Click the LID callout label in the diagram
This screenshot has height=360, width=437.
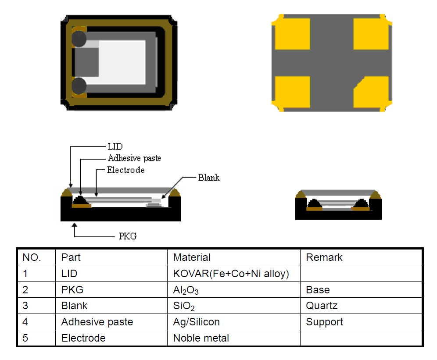[x=115, y=146]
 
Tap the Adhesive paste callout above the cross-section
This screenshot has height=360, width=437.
[x=134, y=158]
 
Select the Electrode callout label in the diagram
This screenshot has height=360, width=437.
[x=125, y=170]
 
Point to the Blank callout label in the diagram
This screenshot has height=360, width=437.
[x=209, y=178]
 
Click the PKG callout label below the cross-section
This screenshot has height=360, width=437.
[x=128, y=236]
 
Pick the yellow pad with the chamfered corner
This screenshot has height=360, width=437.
[x=371, y=92]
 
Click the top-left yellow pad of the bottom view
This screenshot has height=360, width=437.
[x=292, y=34]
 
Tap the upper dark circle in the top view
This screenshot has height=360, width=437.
[x=79, y=39]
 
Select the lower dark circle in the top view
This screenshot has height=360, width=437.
[x=79, y=86]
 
